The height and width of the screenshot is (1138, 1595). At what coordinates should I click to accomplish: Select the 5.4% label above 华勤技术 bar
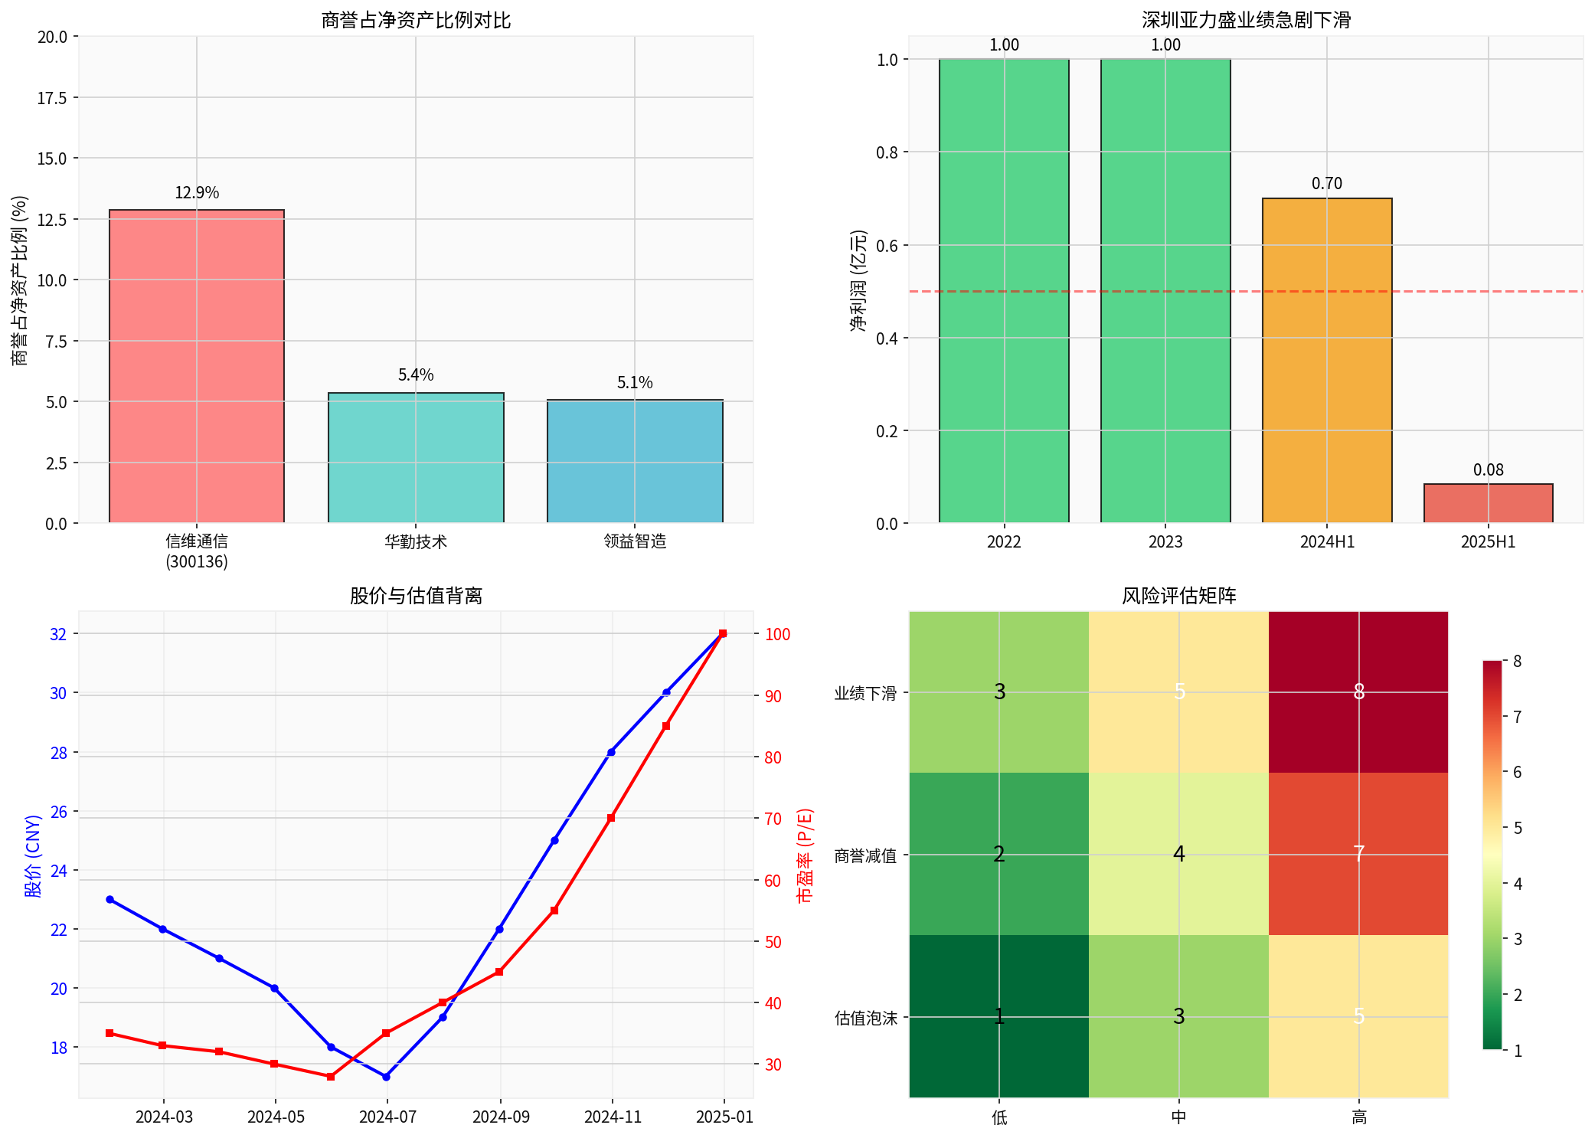click(x=416, y=374)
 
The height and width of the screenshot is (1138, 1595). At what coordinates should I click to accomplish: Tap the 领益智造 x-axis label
click(x=635, y=541)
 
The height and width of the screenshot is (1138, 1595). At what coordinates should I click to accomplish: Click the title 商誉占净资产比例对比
click(x=416, y=20)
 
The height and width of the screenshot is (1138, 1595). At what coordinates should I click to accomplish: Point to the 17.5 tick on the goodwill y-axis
click(x=52, y=98)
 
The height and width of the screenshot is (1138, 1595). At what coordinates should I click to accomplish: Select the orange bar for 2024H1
click(x=1326, y=360)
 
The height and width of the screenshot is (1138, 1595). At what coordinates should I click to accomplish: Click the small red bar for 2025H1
click(x=1488, y=503)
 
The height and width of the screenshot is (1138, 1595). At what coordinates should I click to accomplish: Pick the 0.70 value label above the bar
click(x=1326, y=183)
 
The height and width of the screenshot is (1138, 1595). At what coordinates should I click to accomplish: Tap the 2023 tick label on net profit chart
click(x=1165, y=542)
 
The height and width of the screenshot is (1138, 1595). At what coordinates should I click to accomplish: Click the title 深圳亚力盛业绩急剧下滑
click(x=1246, y=20)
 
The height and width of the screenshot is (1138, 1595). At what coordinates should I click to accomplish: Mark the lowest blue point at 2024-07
click(x=387, y=1077)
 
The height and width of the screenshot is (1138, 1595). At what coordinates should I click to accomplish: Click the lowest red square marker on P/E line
click(x=331, y=1077)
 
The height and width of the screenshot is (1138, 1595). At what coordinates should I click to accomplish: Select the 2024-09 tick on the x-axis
click(x=501, y=1117)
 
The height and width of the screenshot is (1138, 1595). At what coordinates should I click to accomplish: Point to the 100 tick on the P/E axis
click(x=777, y=634)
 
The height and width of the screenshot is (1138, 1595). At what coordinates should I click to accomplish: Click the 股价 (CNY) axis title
click(x=33, y=855)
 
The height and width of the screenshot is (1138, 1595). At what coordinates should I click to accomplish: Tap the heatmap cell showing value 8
click(x=1358, y=692)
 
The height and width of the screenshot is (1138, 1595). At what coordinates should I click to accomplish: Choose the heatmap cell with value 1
click(x=999, y=1016)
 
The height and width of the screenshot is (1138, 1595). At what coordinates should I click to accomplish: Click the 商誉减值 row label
click(x=865, y=855)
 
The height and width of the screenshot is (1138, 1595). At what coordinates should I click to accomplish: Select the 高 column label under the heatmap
click(x=1358, y=1117)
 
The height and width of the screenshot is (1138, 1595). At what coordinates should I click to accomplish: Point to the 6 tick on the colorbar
click(x=1517, y=772)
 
